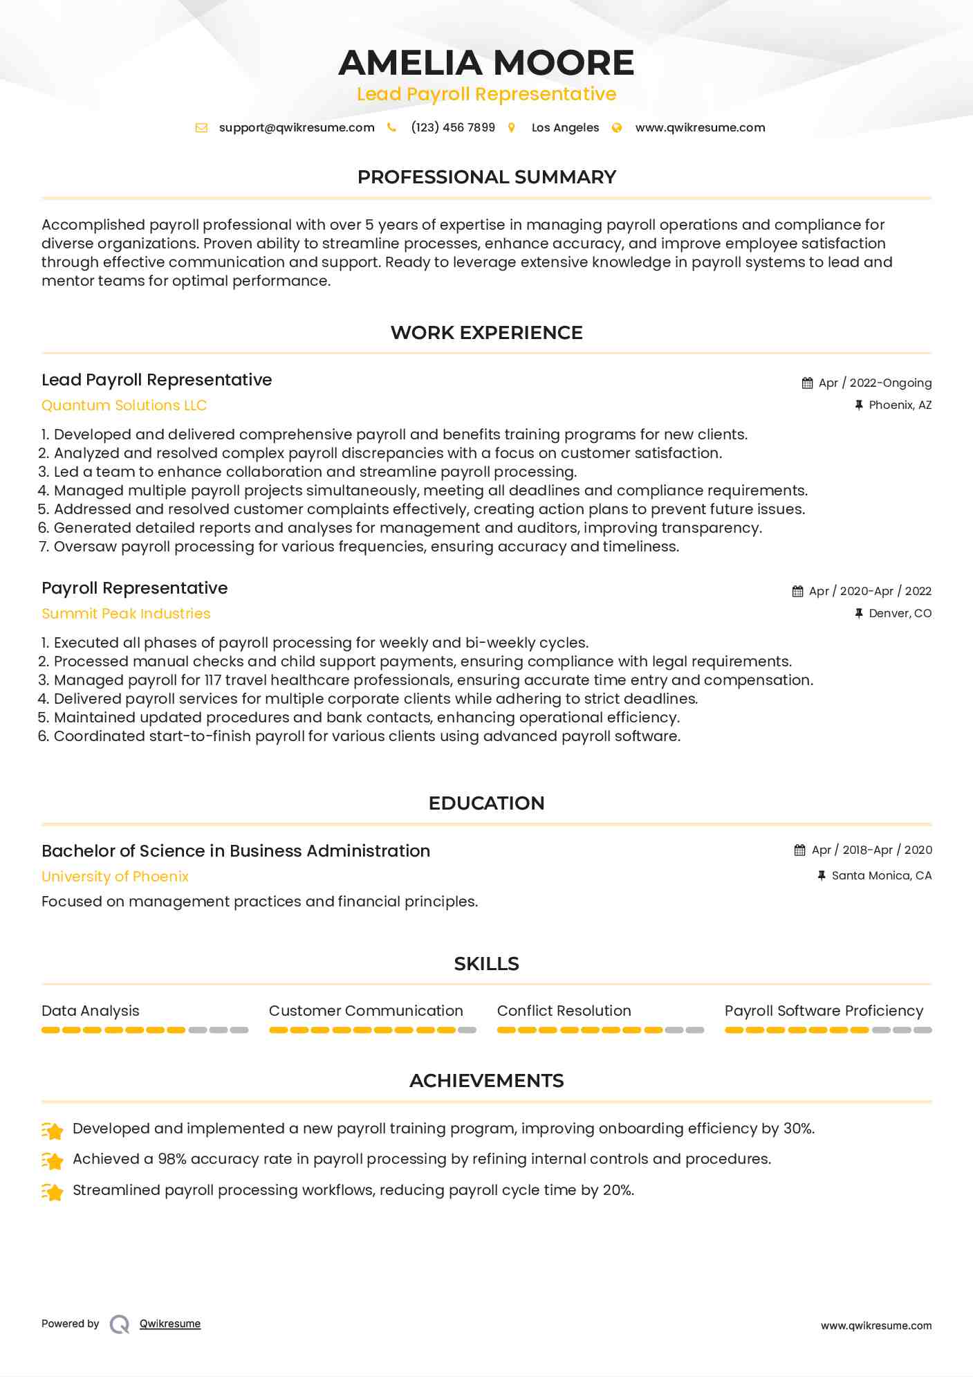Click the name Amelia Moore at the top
486,63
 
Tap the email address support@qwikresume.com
297,127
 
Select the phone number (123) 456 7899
453,127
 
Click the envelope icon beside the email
201,127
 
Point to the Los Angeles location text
565,127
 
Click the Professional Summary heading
486,177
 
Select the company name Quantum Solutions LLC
124,405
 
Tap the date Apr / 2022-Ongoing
875,383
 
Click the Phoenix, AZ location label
900,405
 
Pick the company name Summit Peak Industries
126,614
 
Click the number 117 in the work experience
212,680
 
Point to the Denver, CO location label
900,613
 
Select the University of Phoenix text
115,877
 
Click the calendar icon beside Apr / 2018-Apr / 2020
800,850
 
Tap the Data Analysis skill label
91,1011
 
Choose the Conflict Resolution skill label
564,1011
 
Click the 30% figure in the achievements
798,1129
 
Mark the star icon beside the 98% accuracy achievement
53,1160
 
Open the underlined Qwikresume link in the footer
170,1324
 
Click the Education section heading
486,803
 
